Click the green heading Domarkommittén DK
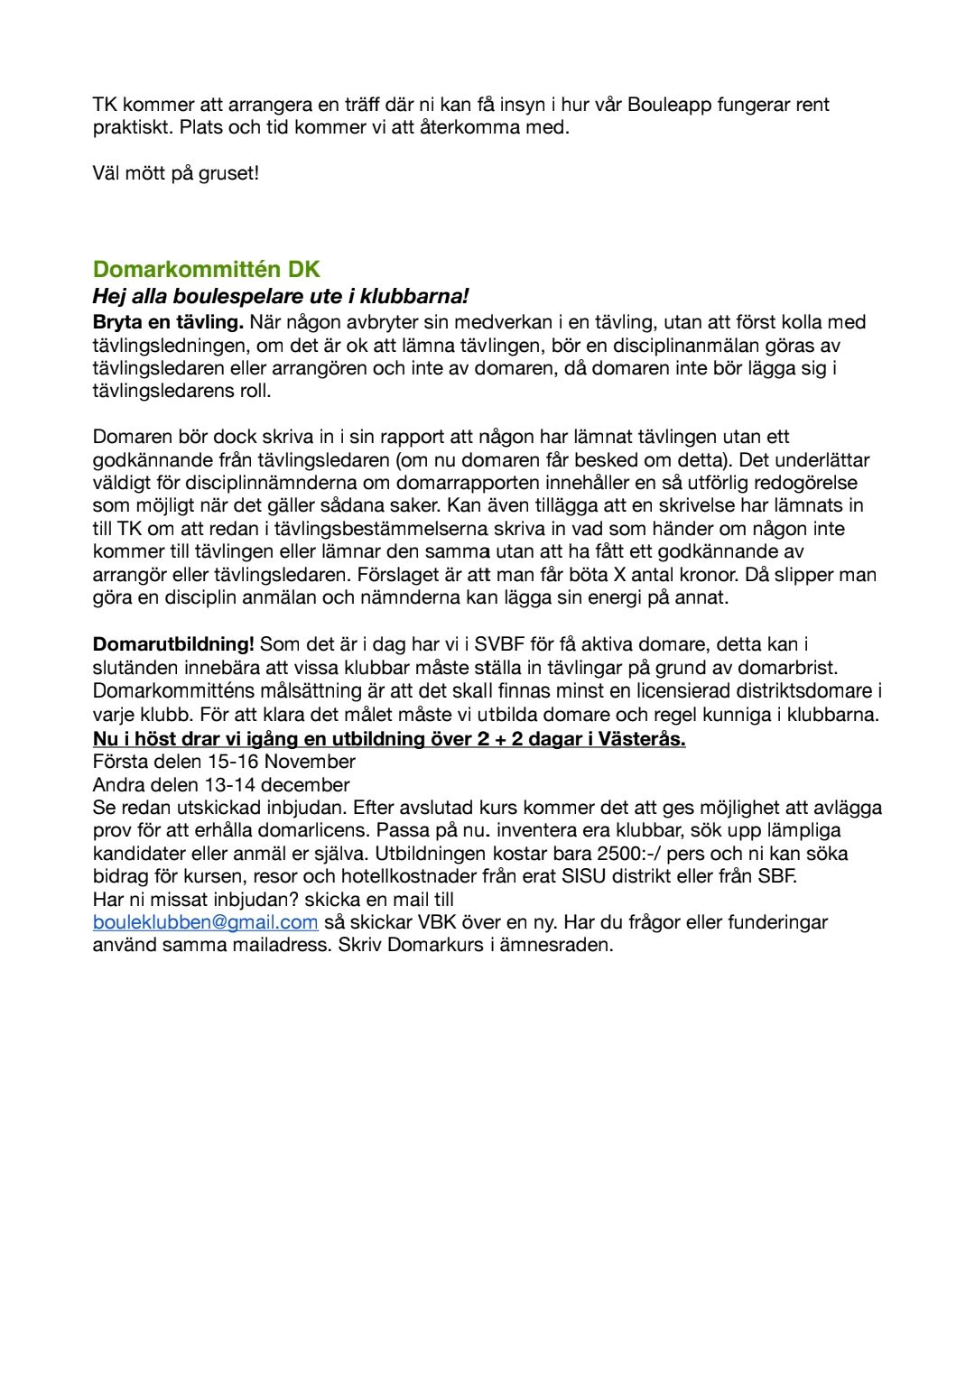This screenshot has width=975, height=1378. pyautogui.click(x=206, y=269)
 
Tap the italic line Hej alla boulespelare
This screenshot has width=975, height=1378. pyautogui.click(x=281, y=296)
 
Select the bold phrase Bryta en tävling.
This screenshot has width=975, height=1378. pyautogui.click(x=168, y=321)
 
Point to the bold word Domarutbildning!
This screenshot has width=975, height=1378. pyautogui.click(x=173, y=643)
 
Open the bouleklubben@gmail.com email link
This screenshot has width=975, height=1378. pyautogui.click(x=205, y=921)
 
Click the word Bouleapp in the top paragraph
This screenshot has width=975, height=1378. pyautogui.click(x=669, y=104)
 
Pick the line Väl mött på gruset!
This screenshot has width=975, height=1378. pyautogui.click(x=175, y=172)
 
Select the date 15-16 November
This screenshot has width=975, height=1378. pyautogui.click(x=281, y=761)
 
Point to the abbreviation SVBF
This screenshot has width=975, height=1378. pyautogui.click(x=499, y=643)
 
